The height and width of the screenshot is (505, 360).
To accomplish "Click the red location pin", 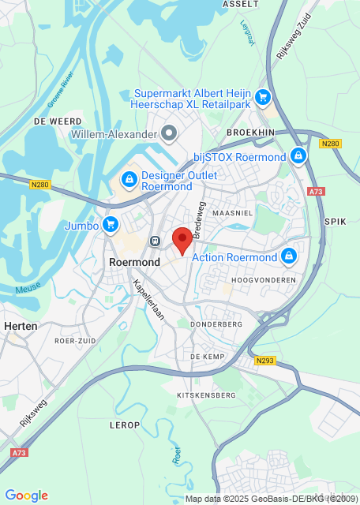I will tap(182, 239).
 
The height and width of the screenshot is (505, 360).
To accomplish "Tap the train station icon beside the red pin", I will tap(156, 241).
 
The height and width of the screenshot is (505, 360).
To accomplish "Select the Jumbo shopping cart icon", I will tap(110, 225).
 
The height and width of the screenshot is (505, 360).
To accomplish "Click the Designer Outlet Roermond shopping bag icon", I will tap(128, 181).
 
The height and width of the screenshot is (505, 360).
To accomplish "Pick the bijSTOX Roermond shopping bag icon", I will tap(298, 156).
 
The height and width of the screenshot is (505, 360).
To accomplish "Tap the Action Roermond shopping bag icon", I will tap(288, 256).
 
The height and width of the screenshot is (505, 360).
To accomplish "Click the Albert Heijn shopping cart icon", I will tap(264, 99).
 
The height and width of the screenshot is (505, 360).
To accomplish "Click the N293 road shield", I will tap(264, 361).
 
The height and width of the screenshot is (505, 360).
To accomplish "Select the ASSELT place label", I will tap(241, 4).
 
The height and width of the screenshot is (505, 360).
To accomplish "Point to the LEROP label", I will tap(125, 425).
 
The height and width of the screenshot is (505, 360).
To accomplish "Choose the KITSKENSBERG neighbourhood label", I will tap(207, 395).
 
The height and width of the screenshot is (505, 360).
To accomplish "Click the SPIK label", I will tap(336, 222).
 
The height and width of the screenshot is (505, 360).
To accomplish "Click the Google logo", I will tap(27, 495).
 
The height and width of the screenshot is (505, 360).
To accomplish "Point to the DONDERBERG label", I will tap(216, 324).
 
